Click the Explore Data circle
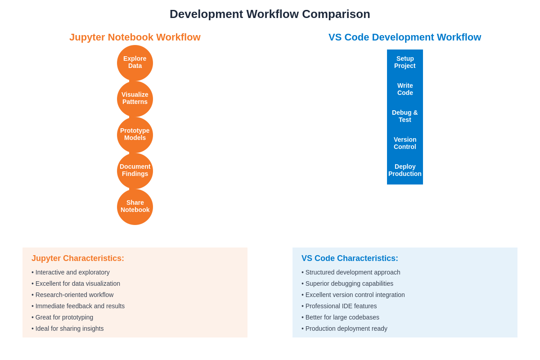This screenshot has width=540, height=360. [135, 63]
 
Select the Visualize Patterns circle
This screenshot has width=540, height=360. [135, 99]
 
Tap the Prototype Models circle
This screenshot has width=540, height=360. [135, 135]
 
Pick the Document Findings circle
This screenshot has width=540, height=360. [135, 171]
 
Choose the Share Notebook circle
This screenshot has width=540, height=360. [135, 207]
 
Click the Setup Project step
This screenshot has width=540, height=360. [405, 63]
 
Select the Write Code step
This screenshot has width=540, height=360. [405, 90]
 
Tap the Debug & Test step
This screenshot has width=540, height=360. [405, 117]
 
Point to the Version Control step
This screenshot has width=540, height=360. [405, 144]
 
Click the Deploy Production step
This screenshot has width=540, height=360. [405, 171]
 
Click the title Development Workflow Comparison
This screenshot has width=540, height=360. [270, 14]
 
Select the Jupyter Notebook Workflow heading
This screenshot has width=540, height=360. [135, 37]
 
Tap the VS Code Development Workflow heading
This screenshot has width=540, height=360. [405, 37]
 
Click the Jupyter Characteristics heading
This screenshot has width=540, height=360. [78, 259]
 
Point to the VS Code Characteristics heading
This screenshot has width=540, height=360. [350, 259]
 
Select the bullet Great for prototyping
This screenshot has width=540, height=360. [63, 317]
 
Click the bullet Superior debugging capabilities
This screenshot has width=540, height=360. [347, 283]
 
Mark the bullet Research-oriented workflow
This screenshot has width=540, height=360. [72, 295]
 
